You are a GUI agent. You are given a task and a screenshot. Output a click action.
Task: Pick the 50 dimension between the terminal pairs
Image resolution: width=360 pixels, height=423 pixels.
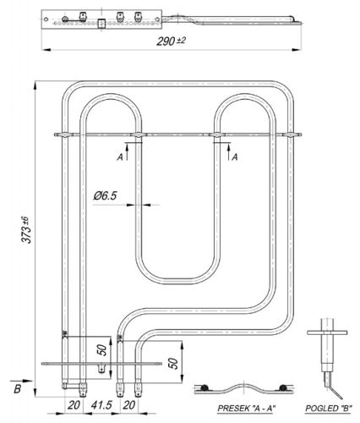102,349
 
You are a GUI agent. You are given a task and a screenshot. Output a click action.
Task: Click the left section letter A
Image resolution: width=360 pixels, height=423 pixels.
121,156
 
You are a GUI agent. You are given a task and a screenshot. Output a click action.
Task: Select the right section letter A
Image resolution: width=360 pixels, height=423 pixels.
235,156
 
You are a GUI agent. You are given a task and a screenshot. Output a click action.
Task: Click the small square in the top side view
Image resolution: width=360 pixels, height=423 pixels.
101,24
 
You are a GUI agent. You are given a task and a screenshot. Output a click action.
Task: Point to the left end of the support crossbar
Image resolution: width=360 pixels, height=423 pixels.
56,133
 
